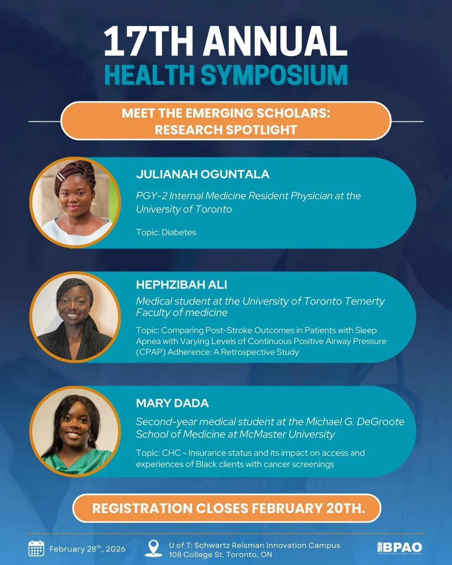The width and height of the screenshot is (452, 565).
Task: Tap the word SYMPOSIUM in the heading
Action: click(x=274, y=75)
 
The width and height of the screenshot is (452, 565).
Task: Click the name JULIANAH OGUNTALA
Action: click(x=203, y=174)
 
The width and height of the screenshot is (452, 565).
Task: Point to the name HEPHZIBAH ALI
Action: click(x=181, y=285)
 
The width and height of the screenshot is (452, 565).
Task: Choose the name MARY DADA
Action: click(x=172, y=403)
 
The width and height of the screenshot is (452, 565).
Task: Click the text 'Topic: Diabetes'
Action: click(x=166, y=232)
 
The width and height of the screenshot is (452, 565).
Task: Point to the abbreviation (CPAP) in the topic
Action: click(x=151, y=352)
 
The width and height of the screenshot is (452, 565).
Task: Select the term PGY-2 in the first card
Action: click(x=151, y=196)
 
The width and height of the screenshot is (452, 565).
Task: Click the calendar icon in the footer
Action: click(x=36, y=548)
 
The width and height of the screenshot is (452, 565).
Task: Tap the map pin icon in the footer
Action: click(x=154, y=548)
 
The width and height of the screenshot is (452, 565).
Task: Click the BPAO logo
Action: click(x=400, y=547)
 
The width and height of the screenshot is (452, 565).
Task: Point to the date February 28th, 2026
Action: click(x=87, y=549)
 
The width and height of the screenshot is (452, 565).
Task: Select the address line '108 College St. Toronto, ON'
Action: click(x=220, y=555)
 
